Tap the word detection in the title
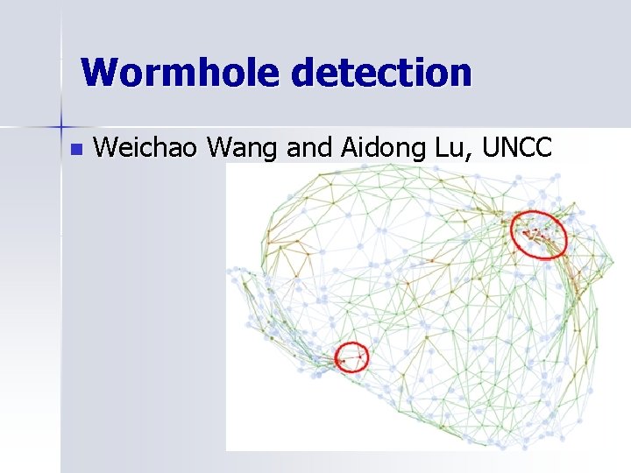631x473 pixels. pyautogui.click(x=381, y=73)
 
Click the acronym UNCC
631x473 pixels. pyautogui.click(x=517, y=148)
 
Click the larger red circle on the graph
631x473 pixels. pyautogui.click(x=539, y=234)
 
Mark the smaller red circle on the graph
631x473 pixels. pyautogui.click(x=351, y=357)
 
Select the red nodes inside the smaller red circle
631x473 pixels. pyautogui.click(x=351, y=358)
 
